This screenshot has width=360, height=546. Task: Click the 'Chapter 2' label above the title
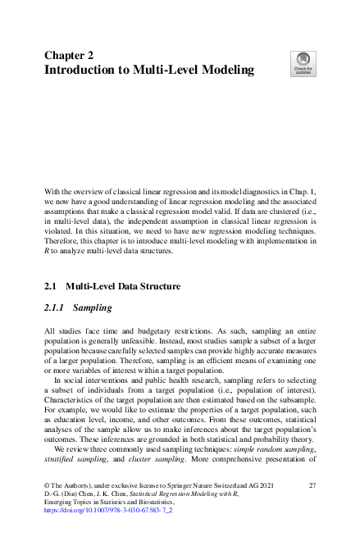[x=68, y=55]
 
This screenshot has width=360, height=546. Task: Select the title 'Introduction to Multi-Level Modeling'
[x=148, y=71]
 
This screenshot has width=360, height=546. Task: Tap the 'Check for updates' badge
[x=303, y=63]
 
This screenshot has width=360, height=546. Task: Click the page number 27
[x=312, y=485]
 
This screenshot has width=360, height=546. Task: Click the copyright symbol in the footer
[x=47, y=485]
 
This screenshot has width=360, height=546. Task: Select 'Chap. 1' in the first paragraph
[x=301, y=190]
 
